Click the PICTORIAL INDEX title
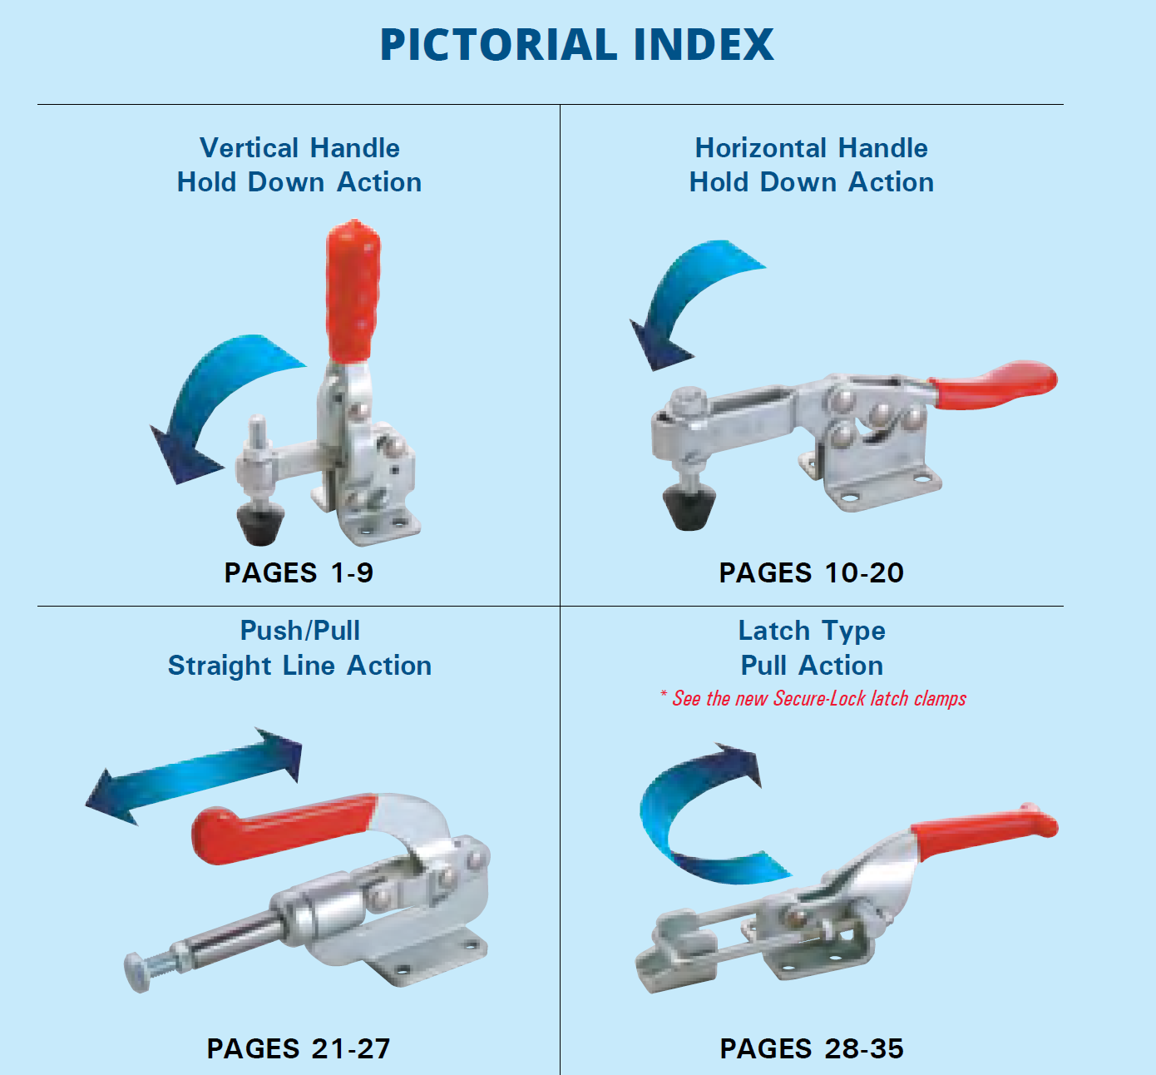coord(577,44)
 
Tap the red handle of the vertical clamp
coord(353,291)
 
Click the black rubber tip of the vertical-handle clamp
coord(261,525)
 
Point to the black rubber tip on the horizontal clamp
coord(689,508)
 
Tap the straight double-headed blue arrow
coord(194,776)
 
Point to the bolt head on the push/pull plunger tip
coord(136,973)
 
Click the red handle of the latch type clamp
coord(985,831)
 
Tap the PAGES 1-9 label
coord(299,573)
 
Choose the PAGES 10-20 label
coord(812,573)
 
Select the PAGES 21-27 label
coord(299,1049)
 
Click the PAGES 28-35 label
coord(812,1049)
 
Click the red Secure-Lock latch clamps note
coord(813,698)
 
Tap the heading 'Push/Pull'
coord(299,631)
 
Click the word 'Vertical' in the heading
coord(249,148)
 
